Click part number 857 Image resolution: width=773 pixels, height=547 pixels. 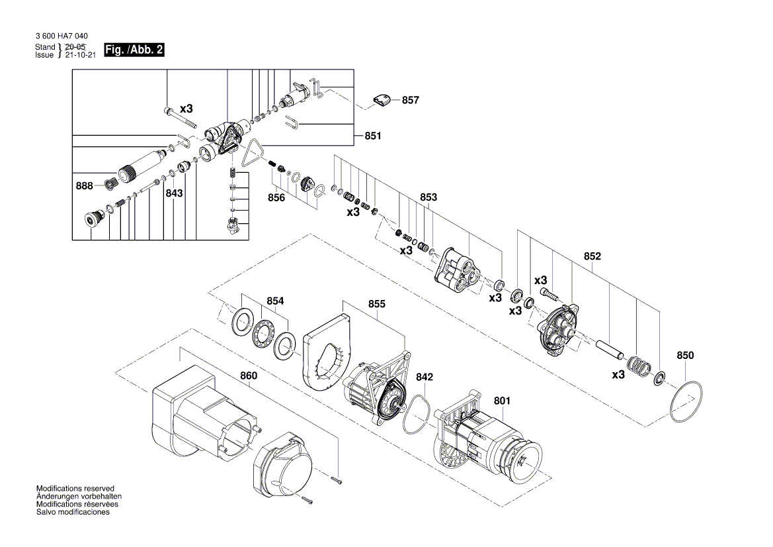tap(410, 100)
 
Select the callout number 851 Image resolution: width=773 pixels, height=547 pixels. tap(373, 136)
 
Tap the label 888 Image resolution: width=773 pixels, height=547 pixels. tap(84, 187)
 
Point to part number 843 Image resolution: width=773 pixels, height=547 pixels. tap(174, 193)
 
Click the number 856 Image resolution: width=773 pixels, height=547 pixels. tap(276, 197)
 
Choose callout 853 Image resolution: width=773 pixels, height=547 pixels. tap(428, 197)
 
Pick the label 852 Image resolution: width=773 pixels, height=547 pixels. tap(592, 256)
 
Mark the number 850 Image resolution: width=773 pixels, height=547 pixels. tap(686, 356)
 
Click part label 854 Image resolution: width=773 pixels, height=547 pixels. tap(275, 301)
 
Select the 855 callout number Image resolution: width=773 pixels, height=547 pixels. tap(377, 304)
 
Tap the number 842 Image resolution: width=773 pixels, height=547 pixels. tap(425, 376)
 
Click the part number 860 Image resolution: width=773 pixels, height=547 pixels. tap(249, 376)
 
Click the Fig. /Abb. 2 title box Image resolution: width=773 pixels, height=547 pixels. tap(134, 50)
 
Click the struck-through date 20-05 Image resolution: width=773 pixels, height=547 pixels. tap(75, 47)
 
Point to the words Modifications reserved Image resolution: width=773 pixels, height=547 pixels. tap(75, 488)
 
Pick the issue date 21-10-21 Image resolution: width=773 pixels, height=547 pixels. tap(81, 55)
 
